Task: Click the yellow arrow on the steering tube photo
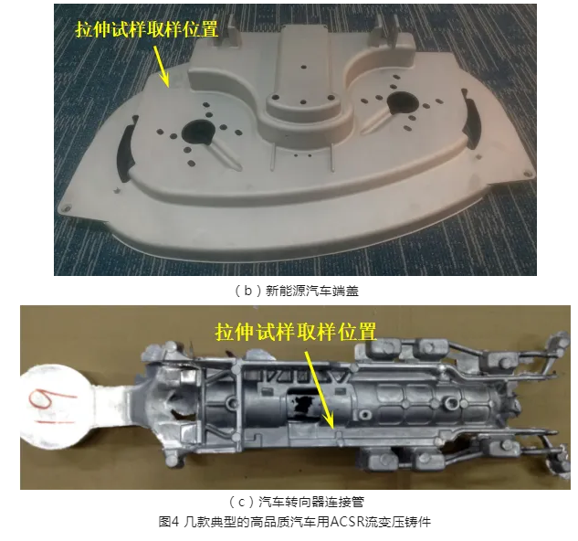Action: pos(320,389)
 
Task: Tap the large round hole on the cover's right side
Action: pos(403,103)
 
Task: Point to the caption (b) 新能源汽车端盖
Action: pos(296,292)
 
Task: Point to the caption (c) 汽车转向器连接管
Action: pos(296,502)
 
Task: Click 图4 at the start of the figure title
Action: pos(168,523)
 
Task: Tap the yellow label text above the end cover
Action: pos(147,28)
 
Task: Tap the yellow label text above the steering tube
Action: pos(296,332)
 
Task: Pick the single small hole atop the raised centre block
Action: pos(303,67)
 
